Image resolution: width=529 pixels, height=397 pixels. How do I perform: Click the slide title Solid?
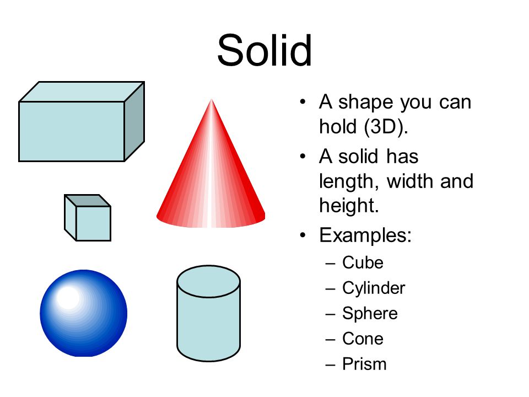(x=264, y=51)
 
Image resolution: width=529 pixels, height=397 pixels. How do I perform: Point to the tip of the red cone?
(x=212, y=99)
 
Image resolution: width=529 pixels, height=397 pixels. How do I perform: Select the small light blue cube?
(x=88, y=218)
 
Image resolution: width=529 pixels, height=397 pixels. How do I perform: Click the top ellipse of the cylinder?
(x=208, y=282)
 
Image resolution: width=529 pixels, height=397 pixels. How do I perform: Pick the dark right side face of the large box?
(x=134, y=121)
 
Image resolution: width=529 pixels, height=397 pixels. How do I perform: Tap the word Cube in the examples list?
(x=363, y=262)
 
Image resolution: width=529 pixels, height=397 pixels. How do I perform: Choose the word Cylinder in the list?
(x=374, y=288)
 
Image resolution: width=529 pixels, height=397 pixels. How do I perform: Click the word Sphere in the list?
(x=370, y=314)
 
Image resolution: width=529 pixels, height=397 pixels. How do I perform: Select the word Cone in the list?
(x=363, y=339)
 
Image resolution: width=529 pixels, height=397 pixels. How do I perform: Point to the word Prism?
(x=364, y=364)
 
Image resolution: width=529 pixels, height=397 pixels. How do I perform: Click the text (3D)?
(x=386, y=127)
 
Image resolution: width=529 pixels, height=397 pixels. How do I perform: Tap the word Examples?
(x=365, y=235)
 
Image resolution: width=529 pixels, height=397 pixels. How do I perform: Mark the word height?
(x=349, y=206)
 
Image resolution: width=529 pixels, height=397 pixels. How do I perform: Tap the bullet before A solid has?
(x=303, y=156)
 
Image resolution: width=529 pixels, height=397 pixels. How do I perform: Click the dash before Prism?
(x=330, y=365)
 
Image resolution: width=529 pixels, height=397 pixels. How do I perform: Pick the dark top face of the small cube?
(x=88, y=201)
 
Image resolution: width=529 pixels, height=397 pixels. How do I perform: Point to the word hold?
(x=338, y=127)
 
